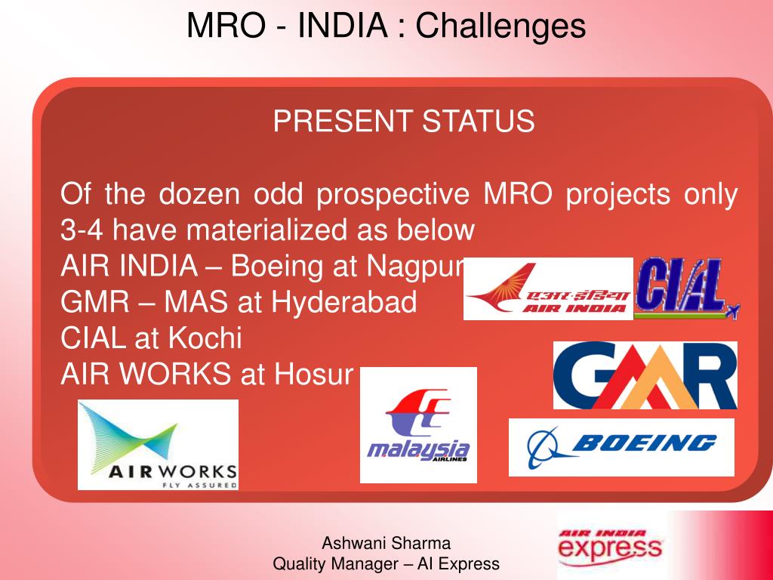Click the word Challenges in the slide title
coord(500,26)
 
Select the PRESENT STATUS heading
coord(404,121)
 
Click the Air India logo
coord(548,289)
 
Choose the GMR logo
coord(645,375)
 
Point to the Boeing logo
coord(621,447)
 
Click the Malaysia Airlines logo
coord(418,425)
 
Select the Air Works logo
coord(158,445)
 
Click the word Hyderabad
coord(344,303)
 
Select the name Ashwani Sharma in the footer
coord(386,542)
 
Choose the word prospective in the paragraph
coord(393,195)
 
